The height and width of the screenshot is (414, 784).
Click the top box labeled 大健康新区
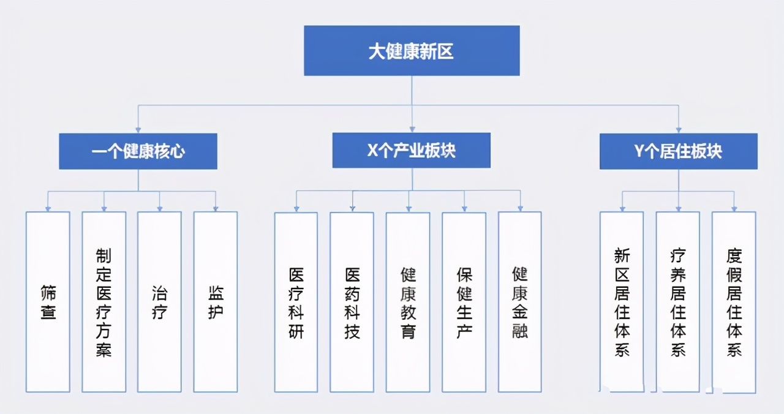point(412,51)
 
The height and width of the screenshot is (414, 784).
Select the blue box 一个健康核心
point(138,151)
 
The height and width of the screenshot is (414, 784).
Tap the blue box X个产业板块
point(412,150)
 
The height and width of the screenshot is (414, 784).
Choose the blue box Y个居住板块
point(678,151)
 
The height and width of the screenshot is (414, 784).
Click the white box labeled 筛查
point(48,302)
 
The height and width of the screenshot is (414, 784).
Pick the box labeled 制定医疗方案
point(104,302)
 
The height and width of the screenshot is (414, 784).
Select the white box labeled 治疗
point(159,302)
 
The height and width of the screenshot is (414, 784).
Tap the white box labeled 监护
point(216,302)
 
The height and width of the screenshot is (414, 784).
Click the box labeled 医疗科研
point(296,302)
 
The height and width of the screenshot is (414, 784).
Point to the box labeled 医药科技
point(352,302)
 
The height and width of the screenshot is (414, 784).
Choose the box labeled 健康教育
point(408,302)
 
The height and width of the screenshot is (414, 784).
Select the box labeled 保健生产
point(464,302)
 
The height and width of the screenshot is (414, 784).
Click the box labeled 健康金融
point(520,302)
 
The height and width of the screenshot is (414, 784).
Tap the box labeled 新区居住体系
point(622,302)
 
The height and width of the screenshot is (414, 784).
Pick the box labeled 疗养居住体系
point(678,302)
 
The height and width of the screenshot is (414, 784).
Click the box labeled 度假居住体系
point(734,302)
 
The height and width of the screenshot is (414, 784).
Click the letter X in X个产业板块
point(372,151)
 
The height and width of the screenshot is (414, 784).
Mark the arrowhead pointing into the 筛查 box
point(48,209)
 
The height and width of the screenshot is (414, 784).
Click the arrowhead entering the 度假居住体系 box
point(734,209)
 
